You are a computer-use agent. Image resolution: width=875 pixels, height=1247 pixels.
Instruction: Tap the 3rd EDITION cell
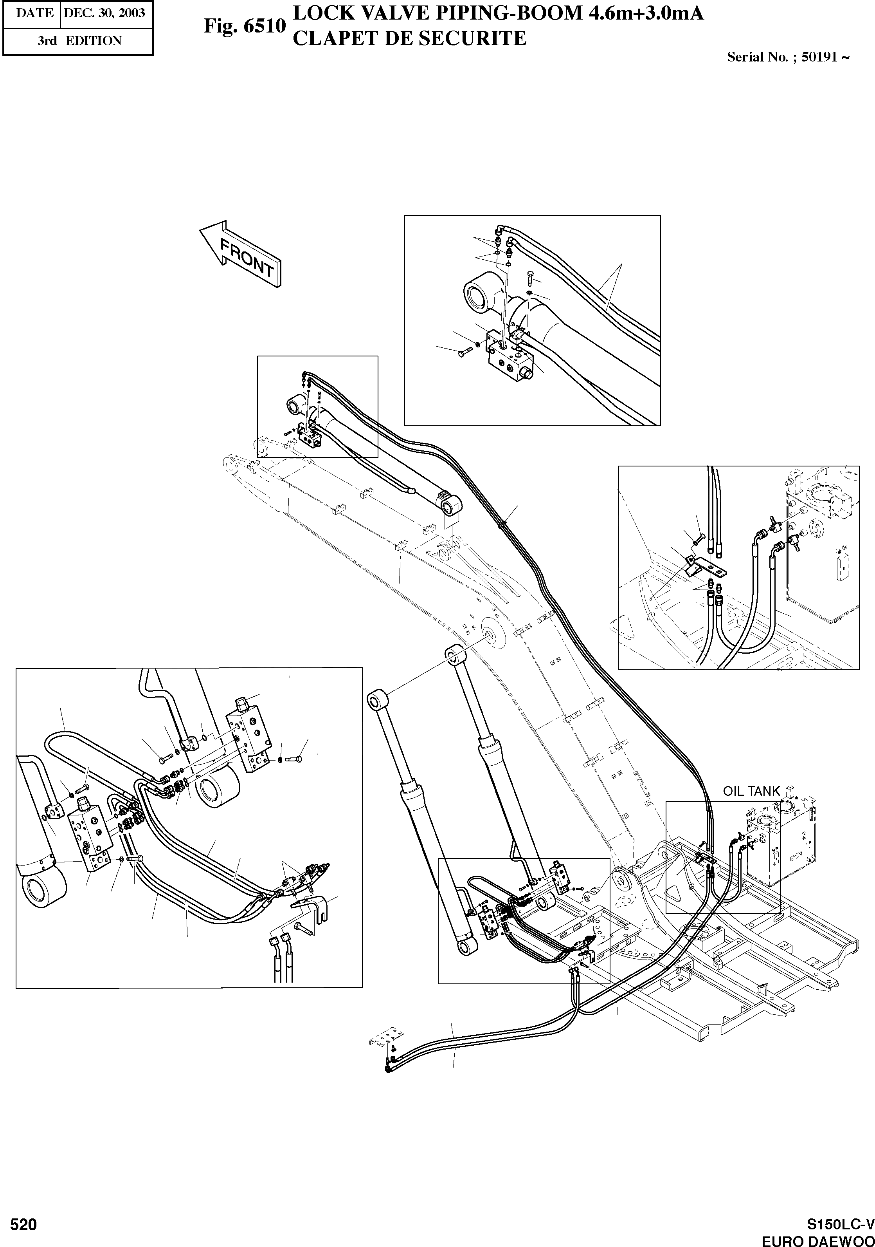[x=79, y=41]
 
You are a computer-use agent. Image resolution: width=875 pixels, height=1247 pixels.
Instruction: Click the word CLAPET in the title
[x=332, y=38]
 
